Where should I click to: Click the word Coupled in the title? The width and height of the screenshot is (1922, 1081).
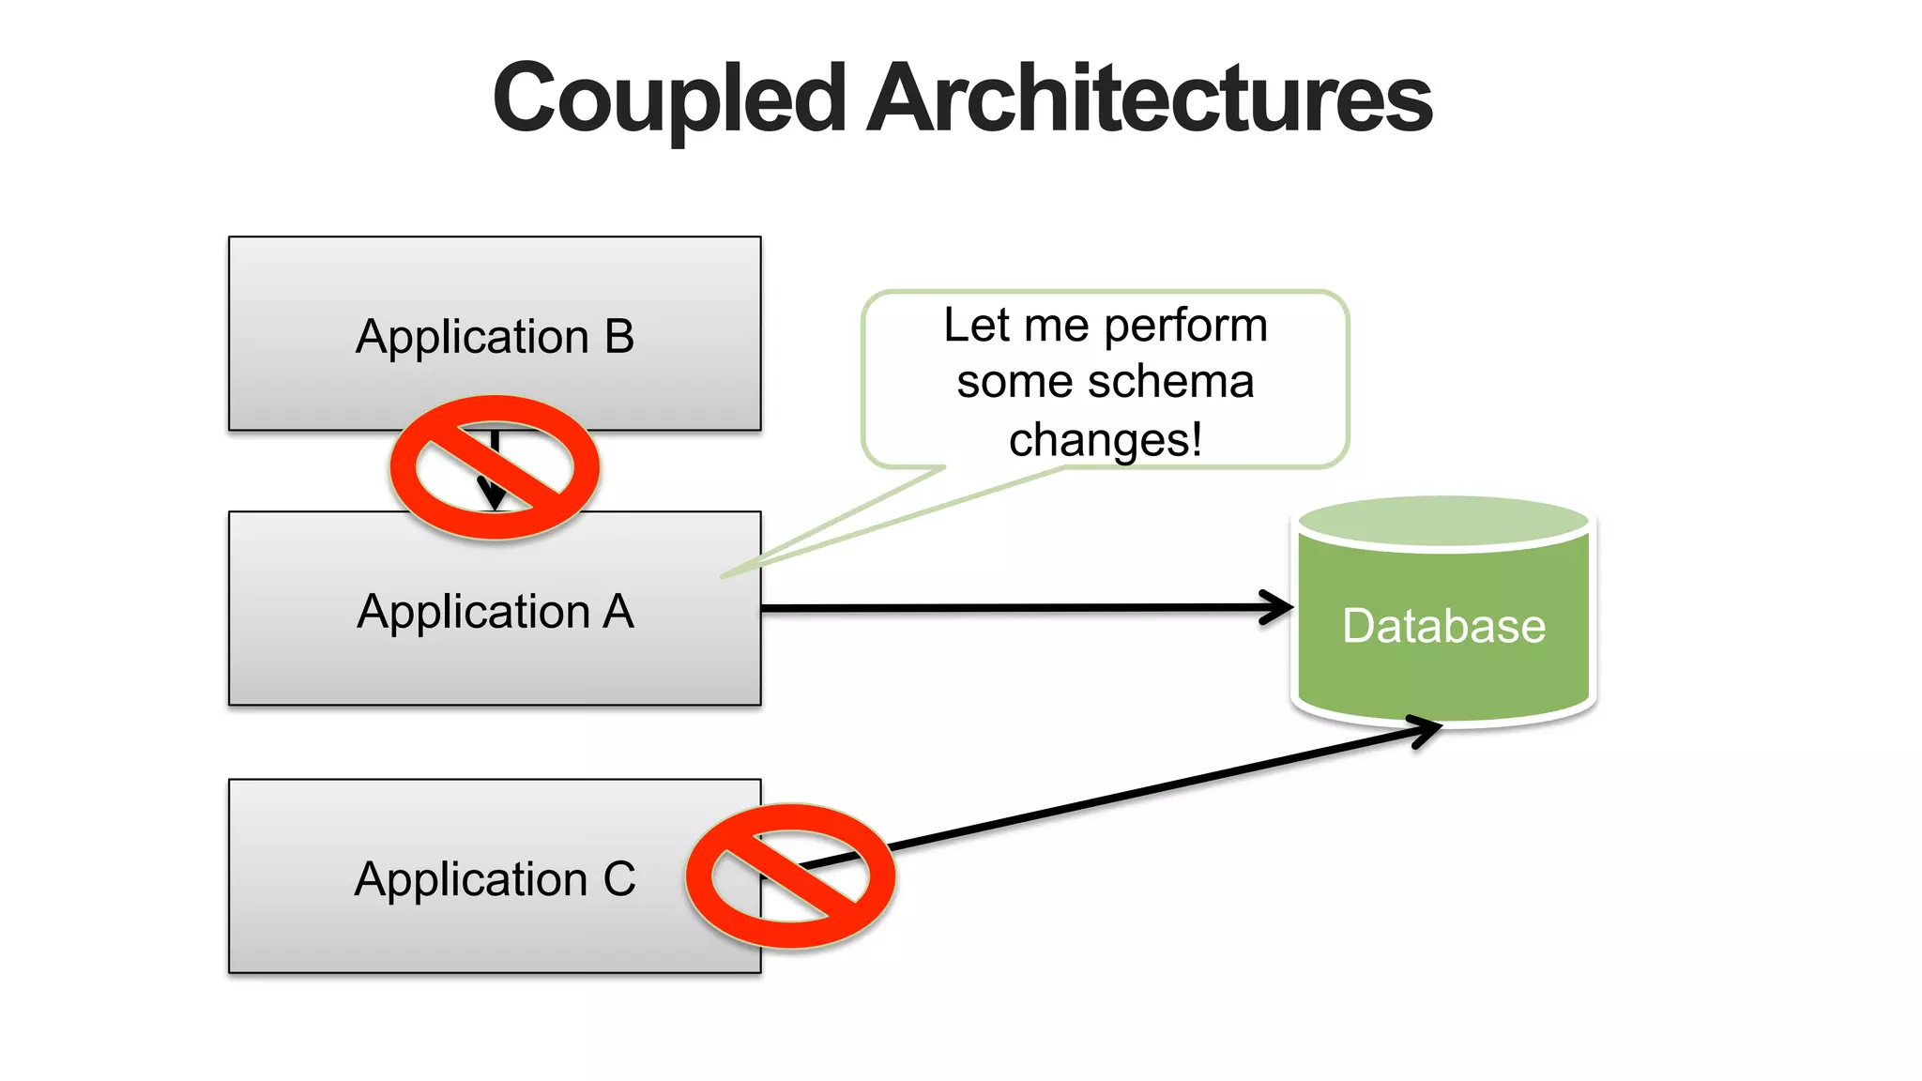point(669,99)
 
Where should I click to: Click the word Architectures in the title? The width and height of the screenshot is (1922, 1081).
point(1149,99)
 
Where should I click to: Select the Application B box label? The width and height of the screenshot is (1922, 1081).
point(495,336)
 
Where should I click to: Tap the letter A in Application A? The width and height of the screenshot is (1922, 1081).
point(618,612)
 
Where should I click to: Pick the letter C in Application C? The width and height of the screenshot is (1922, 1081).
point(619,879)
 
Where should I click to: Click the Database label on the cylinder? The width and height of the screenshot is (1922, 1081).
point(1443,626)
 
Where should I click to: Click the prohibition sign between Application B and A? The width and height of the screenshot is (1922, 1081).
point(495,467)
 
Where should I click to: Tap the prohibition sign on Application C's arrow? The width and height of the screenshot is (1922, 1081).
point(790,875)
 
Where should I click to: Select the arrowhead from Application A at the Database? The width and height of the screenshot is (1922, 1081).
point(1278,607)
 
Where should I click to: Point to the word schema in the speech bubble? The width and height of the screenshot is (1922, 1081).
point(1163,382)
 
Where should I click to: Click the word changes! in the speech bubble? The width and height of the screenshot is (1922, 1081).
point(1105,439)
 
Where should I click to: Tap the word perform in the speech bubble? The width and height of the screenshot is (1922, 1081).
point(1185,326)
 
